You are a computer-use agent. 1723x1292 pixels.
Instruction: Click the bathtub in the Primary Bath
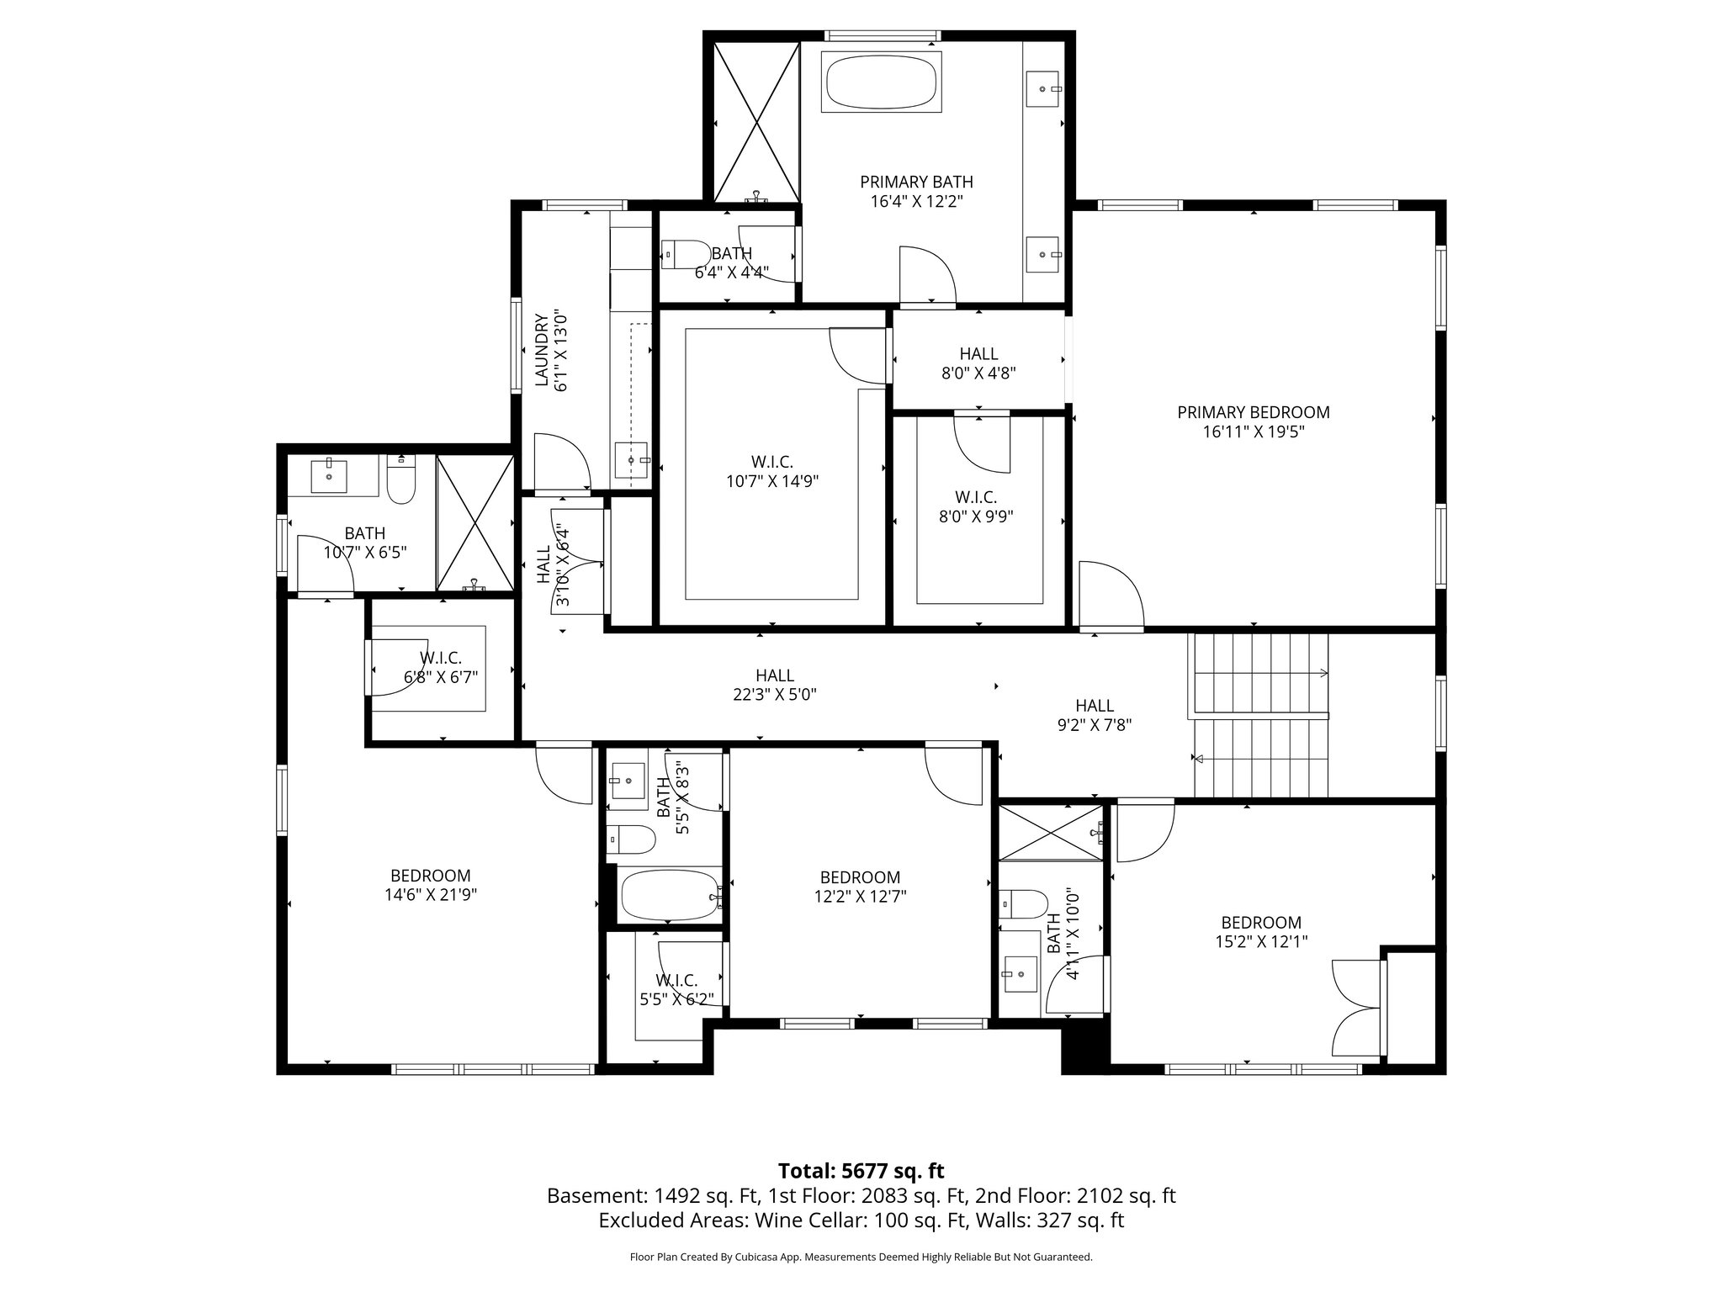tap(881, 82)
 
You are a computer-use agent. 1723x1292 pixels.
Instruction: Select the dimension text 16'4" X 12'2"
tap(916, 202)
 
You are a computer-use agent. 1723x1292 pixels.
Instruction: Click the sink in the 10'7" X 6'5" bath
tap(328, 476)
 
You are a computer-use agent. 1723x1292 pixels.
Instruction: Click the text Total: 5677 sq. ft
tap(861, 1171)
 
